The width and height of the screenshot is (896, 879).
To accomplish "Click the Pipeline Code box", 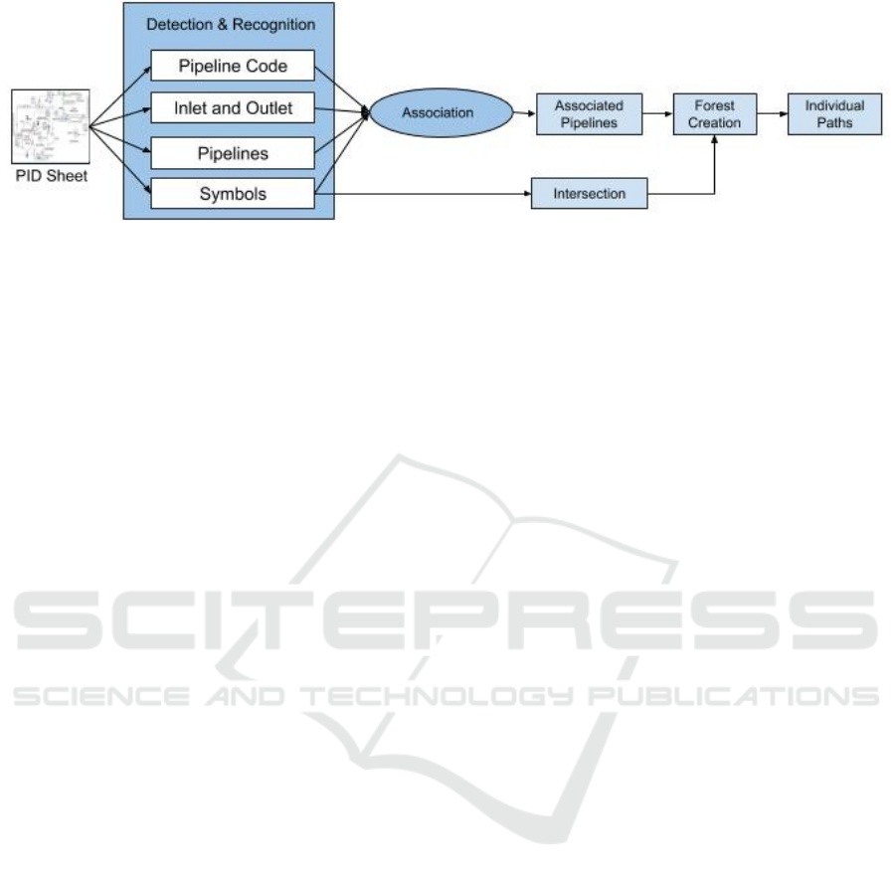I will click(233, 67).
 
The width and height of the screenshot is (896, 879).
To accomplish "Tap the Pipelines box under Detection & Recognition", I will click(233, 152).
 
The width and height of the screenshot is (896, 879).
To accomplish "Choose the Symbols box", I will click(233, 194).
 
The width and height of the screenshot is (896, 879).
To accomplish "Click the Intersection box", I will click(589, 194).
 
